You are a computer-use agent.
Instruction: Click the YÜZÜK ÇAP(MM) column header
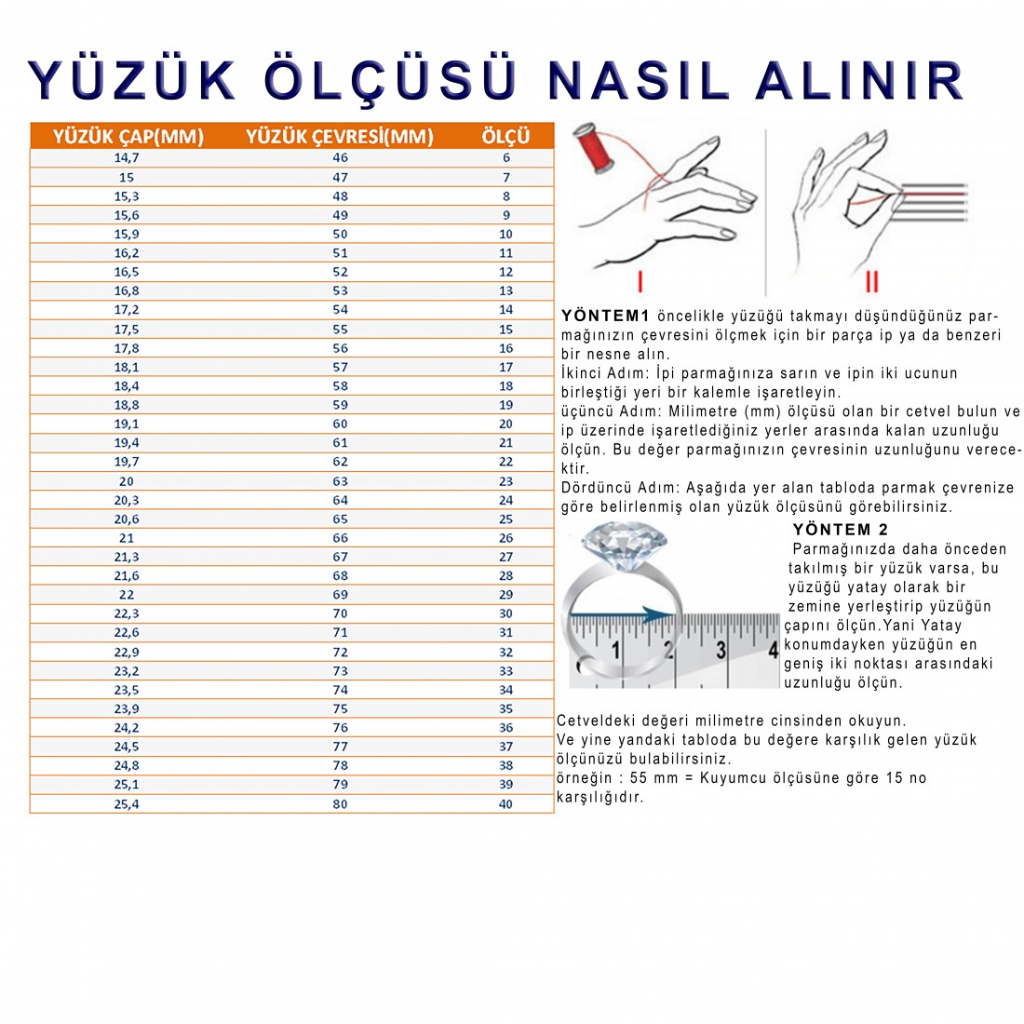pyautogui.click(x=128, y=137)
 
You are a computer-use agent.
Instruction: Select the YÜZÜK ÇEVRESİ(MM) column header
pyautogui.click(x=340, y=137)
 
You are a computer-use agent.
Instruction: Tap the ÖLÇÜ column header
pyautogui.click(x=505, y=137)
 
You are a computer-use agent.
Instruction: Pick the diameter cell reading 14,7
pyautogui.click(x=127, y=158)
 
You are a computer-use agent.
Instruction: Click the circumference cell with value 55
pyautogui.click(x=340, y=330)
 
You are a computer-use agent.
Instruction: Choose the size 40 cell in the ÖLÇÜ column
pyautogui.click(x=505, y=804)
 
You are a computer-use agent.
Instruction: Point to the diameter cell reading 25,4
pyautogui.click(x=127, y=804)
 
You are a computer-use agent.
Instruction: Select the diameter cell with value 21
pyautogui.click(x=127, y=538)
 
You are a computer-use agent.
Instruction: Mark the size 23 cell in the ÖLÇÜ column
pyautogui.click(x=505, y=481)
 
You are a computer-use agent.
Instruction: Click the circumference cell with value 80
pyautogui.click(x=340, y=804)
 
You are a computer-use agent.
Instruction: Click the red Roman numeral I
pyautogui.click(x=640, y=280)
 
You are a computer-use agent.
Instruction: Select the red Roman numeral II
pyautogui.click(x=871, y=280)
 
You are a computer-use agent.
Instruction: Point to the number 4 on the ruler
pyautogui.click(x=772, y=649)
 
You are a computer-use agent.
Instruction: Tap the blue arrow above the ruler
pyautogui.click(x=624, y=615)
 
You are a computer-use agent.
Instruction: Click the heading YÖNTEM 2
pyautogui.click(x=841, y=530)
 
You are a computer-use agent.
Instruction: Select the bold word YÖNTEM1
pyautogui.click(x=605, y=316)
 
